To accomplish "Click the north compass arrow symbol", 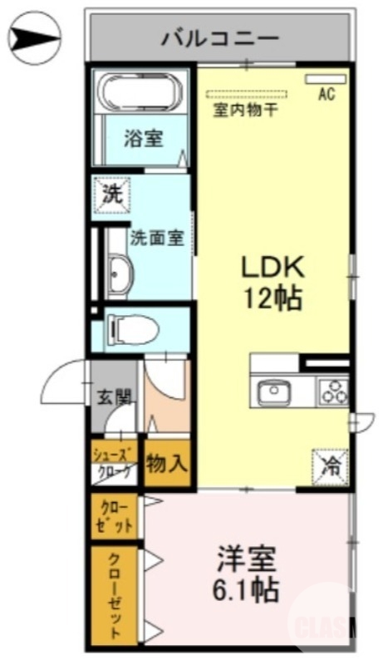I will [36, 37].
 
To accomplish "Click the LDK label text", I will [273, 267].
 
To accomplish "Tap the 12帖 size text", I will [273, 298].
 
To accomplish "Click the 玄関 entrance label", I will [112, 397].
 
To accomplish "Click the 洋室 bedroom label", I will [247, 559].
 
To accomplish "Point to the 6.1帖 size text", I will [247, 592].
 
